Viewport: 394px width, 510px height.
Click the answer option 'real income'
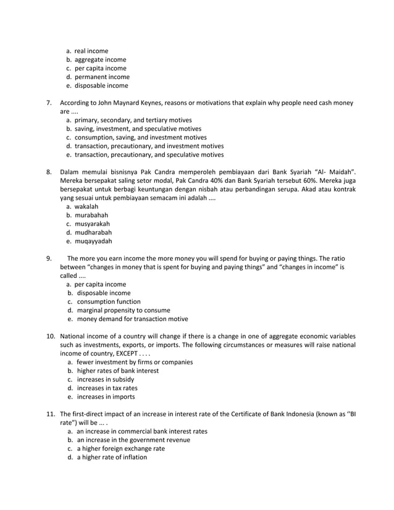pos(91,51)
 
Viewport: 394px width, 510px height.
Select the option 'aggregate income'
pos(100,59)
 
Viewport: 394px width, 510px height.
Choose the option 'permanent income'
pos(102,77)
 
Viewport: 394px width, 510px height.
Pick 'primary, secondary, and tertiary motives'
pos(133,120)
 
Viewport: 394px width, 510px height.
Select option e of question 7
pos(149,154)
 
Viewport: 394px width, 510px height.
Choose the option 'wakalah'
pos(89,206)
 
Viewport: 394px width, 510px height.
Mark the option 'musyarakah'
pos(93,224)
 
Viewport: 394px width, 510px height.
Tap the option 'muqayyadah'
pos(94,241)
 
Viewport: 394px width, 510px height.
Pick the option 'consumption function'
pos(107,301)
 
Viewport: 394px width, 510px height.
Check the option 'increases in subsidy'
pos(104,379)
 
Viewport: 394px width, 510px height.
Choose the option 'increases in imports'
pos(104,396)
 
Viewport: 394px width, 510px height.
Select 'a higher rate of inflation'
pos(111,457)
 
